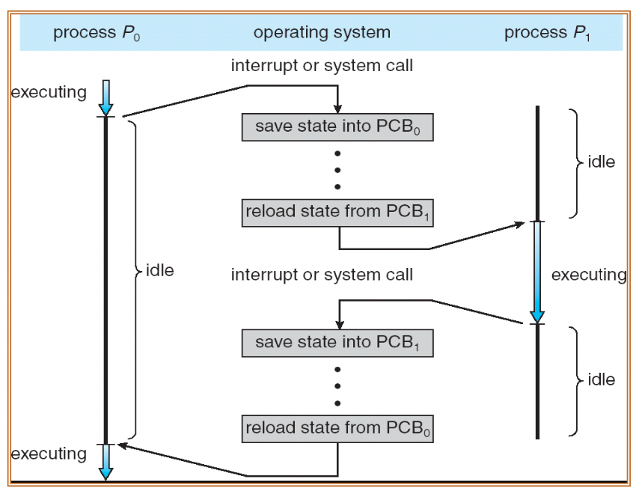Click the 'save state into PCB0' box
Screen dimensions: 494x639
tap(338, 126)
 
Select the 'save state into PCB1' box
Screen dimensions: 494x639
tap(338, 343)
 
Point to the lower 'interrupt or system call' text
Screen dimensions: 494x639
tap(322, 275)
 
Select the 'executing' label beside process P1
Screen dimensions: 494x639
tap(588, 275)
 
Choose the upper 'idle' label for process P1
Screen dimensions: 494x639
tap(602, 162)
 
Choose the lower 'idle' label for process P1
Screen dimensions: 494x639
tap(602, 379)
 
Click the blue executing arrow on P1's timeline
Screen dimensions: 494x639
tap(537, 271)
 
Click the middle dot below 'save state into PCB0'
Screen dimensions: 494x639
tap(337, 169)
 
